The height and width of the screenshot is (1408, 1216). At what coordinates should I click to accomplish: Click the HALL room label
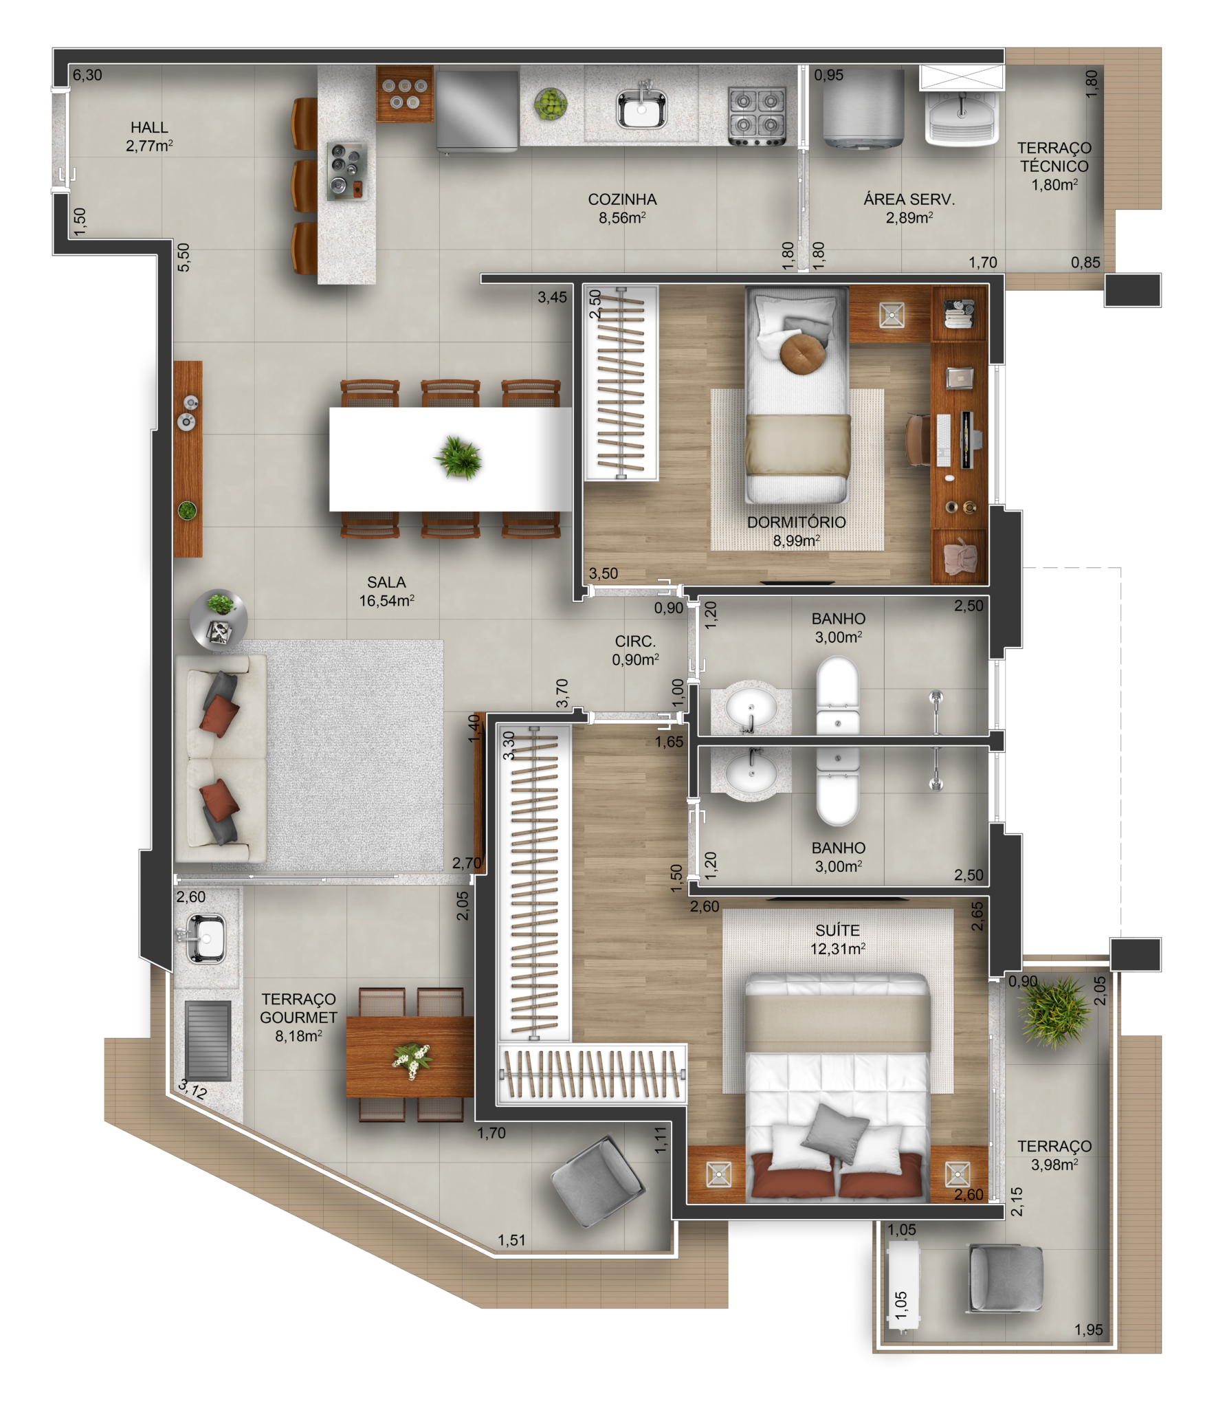pyautogui.click(x=149, y=136)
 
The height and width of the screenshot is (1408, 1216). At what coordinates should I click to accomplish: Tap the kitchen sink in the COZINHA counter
pyautogui.click(x=641, y=110)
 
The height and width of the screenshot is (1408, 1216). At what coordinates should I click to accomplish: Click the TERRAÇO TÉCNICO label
pyautogui.click(x=1054, y=166)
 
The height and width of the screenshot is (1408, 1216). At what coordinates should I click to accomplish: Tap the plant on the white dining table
pyautogui.click(x=458, y=457)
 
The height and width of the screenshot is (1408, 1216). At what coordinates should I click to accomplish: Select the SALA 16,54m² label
pyautogui.click(x=386, y=591)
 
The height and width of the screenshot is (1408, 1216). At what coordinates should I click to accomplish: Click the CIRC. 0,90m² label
pyautogui.click(x=635, y=650)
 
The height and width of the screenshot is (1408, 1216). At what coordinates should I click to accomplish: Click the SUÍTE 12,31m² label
pyautogui.click(x=837, y=939)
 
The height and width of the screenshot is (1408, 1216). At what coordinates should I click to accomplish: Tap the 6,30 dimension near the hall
pyautogui.click(x=87, y=75)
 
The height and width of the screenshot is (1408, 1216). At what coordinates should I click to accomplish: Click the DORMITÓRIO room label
pyautogui.click(x=796, y=531)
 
